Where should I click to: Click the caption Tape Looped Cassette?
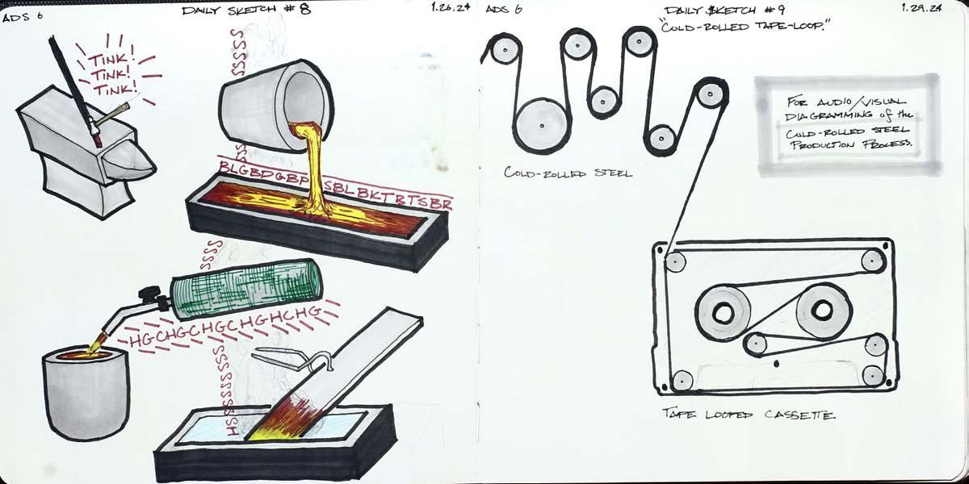pyautogui.click(x=749, y=415)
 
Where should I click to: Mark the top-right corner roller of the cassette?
pyautogui.click(x=872, y=261)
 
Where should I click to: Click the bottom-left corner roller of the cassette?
pyautogui.click(x=683, y=381)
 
